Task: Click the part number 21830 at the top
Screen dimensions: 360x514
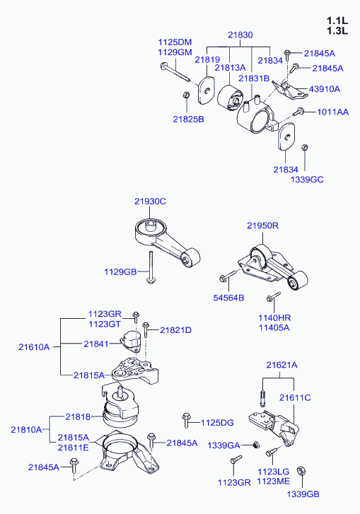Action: pos(240,35)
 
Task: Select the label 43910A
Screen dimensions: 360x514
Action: pos(325,89)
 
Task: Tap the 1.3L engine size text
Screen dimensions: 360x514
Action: pos(337,31)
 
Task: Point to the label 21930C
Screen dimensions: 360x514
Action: pos(150,201)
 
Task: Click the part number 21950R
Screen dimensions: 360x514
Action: pos(263,226)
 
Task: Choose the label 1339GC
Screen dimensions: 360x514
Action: pos(307,180)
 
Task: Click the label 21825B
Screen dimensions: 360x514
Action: pos(189,119)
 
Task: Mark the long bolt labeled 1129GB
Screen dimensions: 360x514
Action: pos(151,267)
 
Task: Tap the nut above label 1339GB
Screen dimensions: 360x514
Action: pos(301,472)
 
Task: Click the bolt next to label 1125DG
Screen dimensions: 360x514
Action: pos(186,420)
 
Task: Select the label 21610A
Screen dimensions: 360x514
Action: pos(34,347)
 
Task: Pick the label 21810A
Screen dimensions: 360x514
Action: pos(26,429)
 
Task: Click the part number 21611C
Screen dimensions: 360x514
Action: pos(295,397)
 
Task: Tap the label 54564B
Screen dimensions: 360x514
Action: pos(229,298)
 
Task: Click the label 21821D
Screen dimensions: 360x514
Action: pos(175,330)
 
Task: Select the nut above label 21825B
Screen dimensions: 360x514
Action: pos(186,95)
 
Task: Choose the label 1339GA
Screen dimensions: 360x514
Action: pos(223,445)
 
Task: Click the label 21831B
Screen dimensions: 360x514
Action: pos(254,78)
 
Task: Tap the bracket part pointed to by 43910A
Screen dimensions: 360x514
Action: pos(289,90)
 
